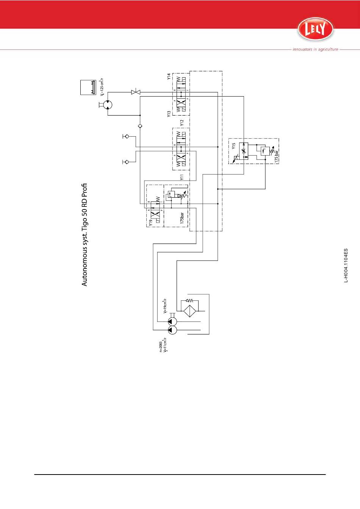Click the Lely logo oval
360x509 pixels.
[315, 29]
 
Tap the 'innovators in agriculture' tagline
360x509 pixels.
[315, 49]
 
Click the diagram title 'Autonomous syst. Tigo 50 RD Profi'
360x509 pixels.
[85, 235]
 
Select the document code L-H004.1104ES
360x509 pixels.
[346, 265]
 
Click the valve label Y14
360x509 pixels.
[169, 77]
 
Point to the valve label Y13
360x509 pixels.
[169, 114]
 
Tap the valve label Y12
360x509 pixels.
[182, 123]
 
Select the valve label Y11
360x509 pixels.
[182, 177]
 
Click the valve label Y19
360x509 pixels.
[150, 223]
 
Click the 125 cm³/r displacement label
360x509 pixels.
[102, 87]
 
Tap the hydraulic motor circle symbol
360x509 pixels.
[108, 105]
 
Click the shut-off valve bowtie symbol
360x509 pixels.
[136, 92]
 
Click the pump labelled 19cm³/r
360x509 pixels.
[172, 322]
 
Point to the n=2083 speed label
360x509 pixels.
[161, 347]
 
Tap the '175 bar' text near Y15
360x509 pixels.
[277, 156]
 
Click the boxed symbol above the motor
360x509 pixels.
[88, 87]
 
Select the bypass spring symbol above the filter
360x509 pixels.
[189, 301]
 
